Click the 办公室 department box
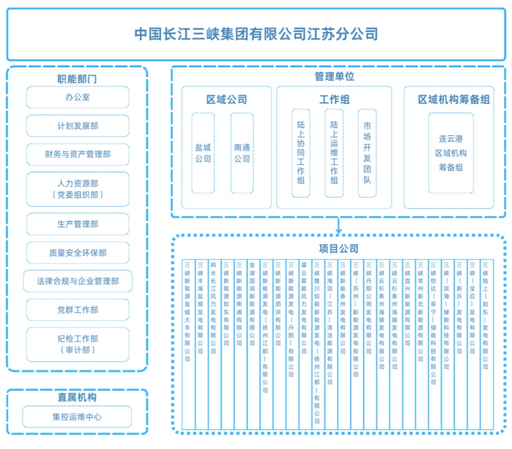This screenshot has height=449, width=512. coord(78,97)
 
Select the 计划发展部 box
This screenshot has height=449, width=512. coord(78,126)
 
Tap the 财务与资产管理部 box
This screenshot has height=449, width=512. coord(78,154)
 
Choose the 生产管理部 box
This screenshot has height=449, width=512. coord(78,224)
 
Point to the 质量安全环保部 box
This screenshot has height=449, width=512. coord(78,253)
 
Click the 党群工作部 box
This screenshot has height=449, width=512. coord(78,310)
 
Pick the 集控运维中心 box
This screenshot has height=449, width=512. coord(78,417)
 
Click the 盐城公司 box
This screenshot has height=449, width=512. coord(203,153)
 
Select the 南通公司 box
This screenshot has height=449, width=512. coord(242,153)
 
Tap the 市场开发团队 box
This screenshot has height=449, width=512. coord(367,153)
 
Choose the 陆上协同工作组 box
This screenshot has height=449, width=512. coord(301,153)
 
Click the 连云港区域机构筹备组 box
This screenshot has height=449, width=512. coord(451,153)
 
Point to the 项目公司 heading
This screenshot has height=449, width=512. coord(338,249)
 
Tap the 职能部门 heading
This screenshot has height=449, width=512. coord(77,79)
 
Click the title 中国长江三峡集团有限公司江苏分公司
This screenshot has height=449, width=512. coord(256,34)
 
